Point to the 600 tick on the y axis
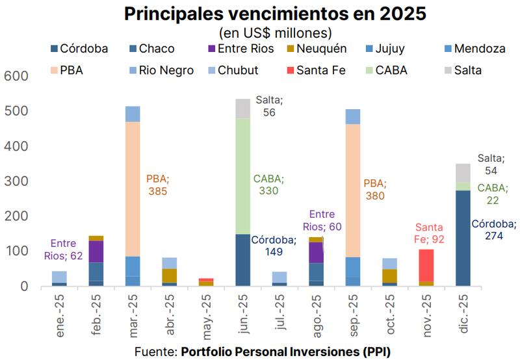click(16, 76)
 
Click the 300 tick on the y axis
click(16, 181)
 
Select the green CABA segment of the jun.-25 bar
click(243, 175)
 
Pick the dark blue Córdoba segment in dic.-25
click(463, 237)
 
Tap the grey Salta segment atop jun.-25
click(243, 108)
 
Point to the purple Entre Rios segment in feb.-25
click(96, 251)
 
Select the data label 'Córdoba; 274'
click(494, 229)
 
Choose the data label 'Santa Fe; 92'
click(429, 234)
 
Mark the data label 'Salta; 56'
click(269, 106)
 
